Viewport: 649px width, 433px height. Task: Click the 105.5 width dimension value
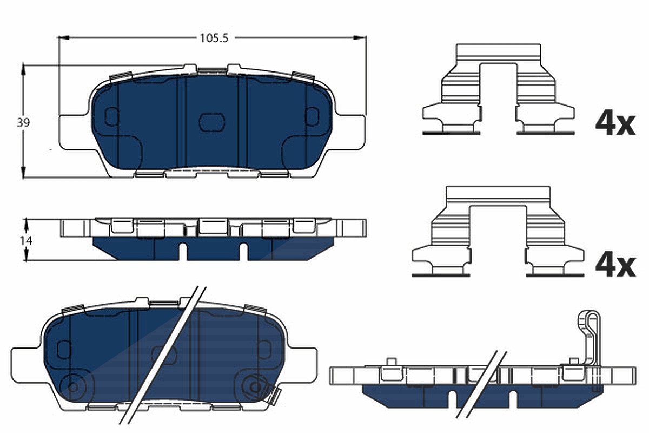pos(214,38)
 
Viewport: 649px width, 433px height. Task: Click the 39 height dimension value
pos(23,123)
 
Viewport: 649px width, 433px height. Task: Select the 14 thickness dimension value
pos(26,240)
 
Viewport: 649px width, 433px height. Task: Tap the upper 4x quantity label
pos(615,125)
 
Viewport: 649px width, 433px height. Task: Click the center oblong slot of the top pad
pos(212,122)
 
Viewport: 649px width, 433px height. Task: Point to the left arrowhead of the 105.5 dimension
pos(64,38)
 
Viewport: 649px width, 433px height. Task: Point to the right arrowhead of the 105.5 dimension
pos(360,38)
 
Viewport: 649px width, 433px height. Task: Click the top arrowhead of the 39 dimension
pos(24,71)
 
